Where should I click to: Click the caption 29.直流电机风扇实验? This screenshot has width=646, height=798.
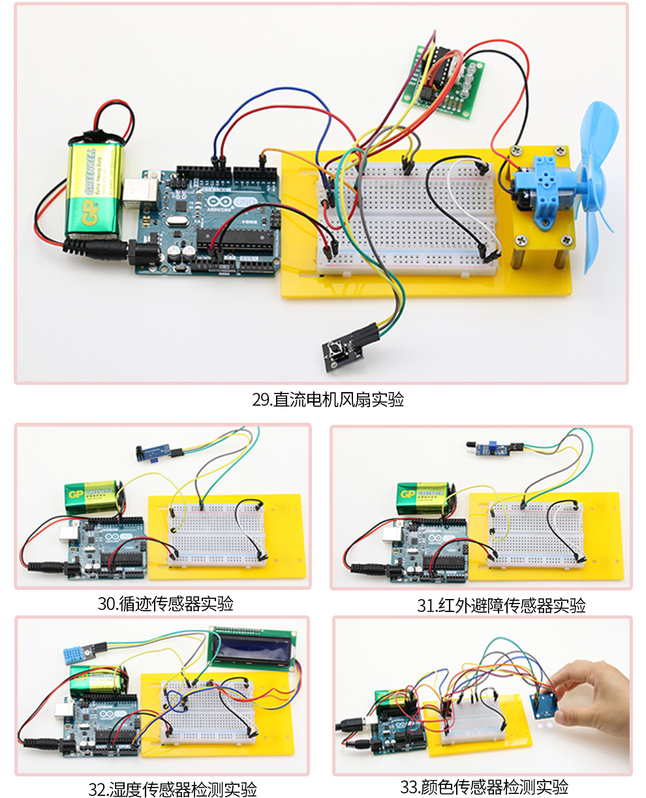pyautogui.click(x=328, y=399)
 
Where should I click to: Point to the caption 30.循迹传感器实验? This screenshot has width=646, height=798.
pyautogui.click(x=166, y=604)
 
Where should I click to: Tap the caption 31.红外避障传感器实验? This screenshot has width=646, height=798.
pyautogui.click(x=501, y=606)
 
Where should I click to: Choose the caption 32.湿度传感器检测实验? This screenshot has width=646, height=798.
pyautogui.click(x=172, y=790)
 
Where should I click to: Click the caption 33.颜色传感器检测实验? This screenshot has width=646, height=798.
pyautogui.click(x=484, y=787)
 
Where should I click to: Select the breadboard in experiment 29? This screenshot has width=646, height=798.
pyautogui.click(x=408, y=219)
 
